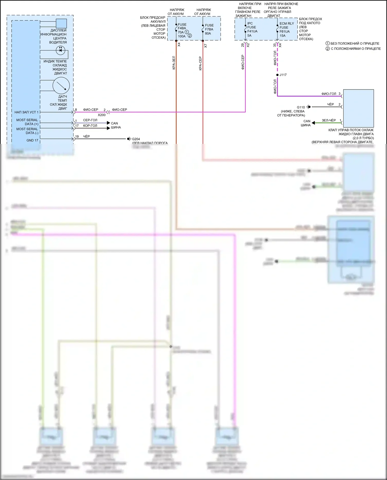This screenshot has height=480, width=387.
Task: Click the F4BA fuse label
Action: [x=182, y=28]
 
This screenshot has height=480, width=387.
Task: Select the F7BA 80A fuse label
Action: [x=209, y=29]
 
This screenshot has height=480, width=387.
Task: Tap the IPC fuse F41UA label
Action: [x=252, y=29]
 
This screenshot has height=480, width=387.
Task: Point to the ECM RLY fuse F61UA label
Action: [x=285, y=30]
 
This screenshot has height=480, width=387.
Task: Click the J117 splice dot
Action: [x=277, y=75]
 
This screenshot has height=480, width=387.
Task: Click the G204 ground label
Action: [x=136, y=139]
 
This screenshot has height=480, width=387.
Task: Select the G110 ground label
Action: [x=301, y=107]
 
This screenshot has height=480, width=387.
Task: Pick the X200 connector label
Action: [x=102, y=115]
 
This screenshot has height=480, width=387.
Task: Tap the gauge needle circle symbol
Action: [x=61, y=86]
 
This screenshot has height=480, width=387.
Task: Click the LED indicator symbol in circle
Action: [x=61, y=50]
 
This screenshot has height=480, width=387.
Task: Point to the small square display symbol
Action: [x=61, y=23]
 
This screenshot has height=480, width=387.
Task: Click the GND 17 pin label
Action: [x=32, y=140]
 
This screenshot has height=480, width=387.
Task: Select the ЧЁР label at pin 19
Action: [x=86, y=136]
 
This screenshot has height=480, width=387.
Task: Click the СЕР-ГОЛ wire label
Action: [x=90, y=120]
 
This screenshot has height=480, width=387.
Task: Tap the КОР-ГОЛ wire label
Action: [x=90, y=126]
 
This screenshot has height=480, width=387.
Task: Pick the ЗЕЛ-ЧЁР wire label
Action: [x=329, y=120]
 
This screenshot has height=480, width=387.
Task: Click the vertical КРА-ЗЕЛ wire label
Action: [x=174, y=63]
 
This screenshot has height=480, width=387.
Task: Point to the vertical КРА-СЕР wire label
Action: [x=200, y=63]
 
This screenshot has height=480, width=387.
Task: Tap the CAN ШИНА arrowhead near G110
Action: [x=313, y=123]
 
